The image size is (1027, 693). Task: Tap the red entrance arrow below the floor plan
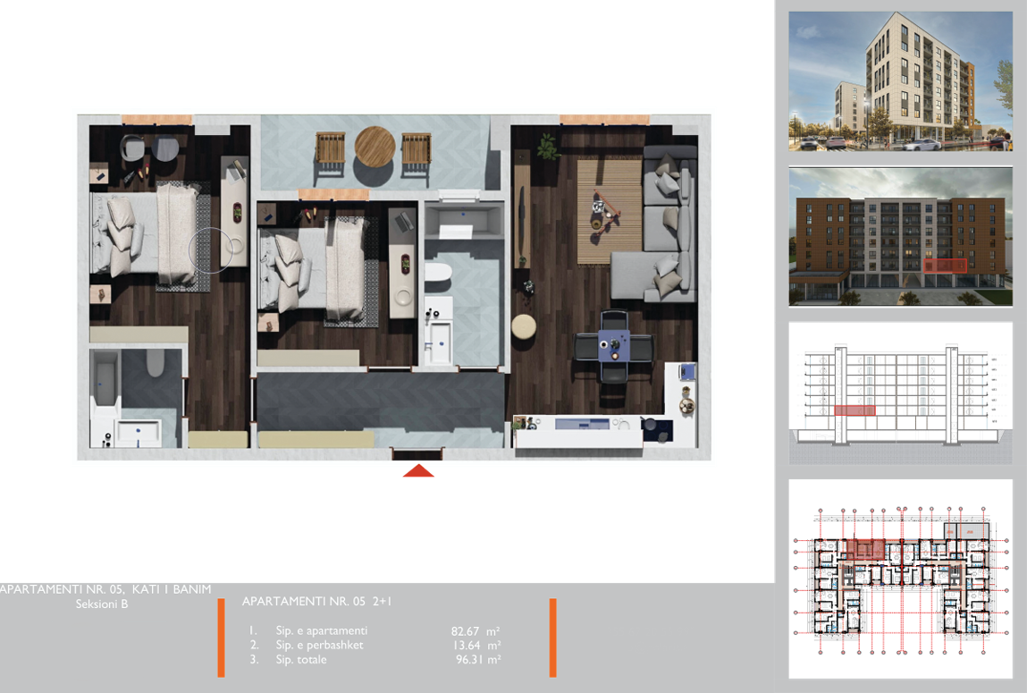point(418,470)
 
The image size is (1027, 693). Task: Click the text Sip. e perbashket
point(319,646)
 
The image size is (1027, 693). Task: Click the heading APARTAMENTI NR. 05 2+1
point(316,602)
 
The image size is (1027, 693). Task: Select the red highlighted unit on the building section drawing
point(854,410)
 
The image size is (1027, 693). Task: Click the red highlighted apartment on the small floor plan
point(864,549)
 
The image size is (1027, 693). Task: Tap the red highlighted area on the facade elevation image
point(944,266)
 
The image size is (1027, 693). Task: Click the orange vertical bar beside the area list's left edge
point(221,637)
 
